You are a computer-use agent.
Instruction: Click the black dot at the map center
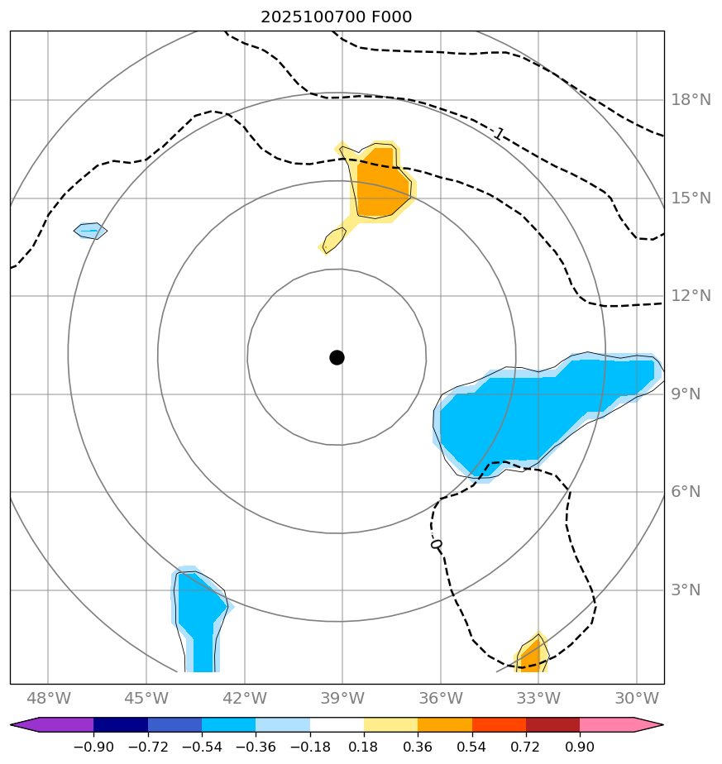[x=337, y=357]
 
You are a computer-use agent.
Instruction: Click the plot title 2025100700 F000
[x=336, y=17]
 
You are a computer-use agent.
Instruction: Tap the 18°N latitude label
[x=691, y=100]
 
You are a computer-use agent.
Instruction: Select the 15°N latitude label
[x=691, y=198]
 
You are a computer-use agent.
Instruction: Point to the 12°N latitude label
[x=691, y=296]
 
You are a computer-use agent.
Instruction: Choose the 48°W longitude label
[x=48, y=698]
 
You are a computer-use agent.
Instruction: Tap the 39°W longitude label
[x=342, y=698]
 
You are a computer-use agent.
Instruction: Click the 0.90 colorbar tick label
[x=580, y=747]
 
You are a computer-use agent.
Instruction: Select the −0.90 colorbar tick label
[x=93, y=747]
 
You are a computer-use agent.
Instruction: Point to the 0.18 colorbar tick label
[x=364, y=747]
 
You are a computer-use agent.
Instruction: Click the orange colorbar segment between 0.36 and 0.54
[x=444, y=725]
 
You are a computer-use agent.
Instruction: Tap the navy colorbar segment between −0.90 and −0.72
[x=121, y=725]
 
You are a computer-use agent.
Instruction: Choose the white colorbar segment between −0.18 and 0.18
[x=337, y=725]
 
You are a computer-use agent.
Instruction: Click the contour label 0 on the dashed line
[x=437, y=544]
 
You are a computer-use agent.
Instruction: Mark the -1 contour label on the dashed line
[x=498, y=133]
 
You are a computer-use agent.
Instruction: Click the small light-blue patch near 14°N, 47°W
[x=90, y=231]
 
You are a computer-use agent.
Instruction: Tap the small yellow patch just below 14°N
[x=333, y=240]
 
